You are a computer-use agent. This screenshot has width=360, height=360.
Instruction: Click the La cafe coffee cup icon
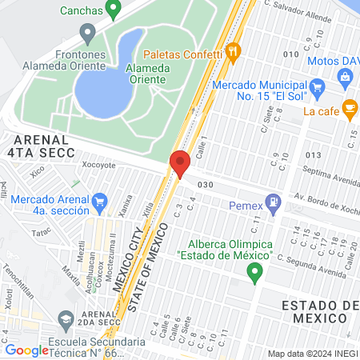tap(349, 107)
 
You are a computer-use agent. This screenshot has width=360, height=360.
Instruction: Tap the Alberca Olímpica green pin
tap(255, 274)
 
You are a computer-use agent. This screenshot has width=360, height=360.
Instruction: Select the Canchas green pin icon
tap(113, 10)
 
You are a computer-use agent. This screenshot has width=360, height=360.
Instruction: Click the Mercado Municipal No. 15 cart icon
tap(317, 86)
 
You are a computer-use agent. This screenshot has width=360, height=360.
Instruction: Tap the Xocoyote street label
tap(99, 165)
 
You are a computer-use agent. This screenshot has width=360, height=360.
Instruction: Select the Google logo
tap(26, 350)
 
